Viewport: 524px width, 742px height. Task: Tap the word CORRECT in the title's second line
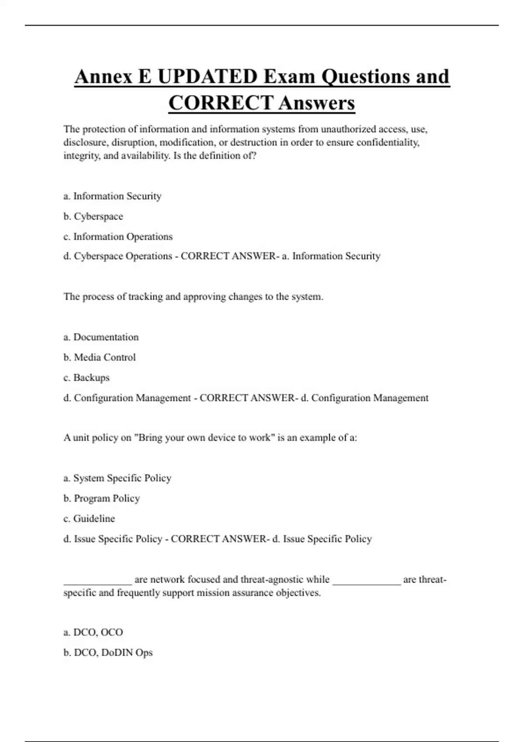pyautogui.click(x=221, y=103)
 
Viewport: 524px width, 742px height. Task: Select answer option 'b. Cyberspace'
pyautogui.click(x=93, y=216)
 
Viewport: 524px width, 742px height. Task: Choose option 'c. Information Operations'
pyautogui.click(x=118, y=237)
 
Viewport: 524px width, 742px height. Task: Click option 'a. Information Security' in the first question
pyautogui.click(x=112, y=196)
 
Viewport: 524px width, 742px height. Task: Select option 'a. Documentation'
pyautogui.click(x=101, y=337)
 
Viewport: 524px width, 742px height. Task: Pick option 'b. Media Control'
pyautogui.click(x=100, y=357)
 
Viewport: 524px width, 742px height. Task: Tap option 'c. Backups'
pyautogui.click(x=86, y=378)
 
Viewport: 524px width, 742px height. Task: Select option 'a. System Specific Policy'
pyautogui.click(x=117, y=478)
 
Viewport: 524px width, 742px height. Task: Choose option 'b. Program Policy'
pyautogui.click(x=101, y=498)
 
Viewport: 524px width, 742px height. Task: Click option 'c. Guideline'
pyautogui.click(x=89, y=519)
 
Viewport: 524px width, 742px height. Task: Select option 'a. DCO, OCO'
pyautogui.click(x=93, y=632)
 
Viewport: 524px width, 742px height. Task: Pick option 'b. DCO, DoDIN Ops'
pyautogui.click(x=108, y=653)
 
